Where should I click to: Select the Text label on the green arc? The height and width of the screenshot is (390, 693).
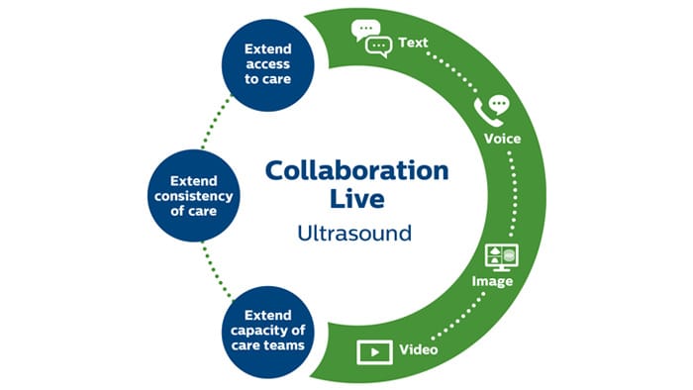coord(414,43)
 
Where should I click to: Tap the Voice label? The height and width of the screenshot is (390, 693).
coord(503,139)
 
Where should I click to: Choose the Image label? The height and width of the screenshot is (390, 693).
coord(493,281)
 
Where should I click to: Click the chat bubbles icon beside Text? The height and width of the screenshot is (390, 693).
coord(372,39)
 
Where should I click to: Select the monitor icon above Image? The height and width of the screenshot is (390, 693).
coord(500,256)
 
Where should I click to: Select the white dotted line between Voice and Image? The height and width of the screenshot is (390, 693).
coord(513,193)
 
